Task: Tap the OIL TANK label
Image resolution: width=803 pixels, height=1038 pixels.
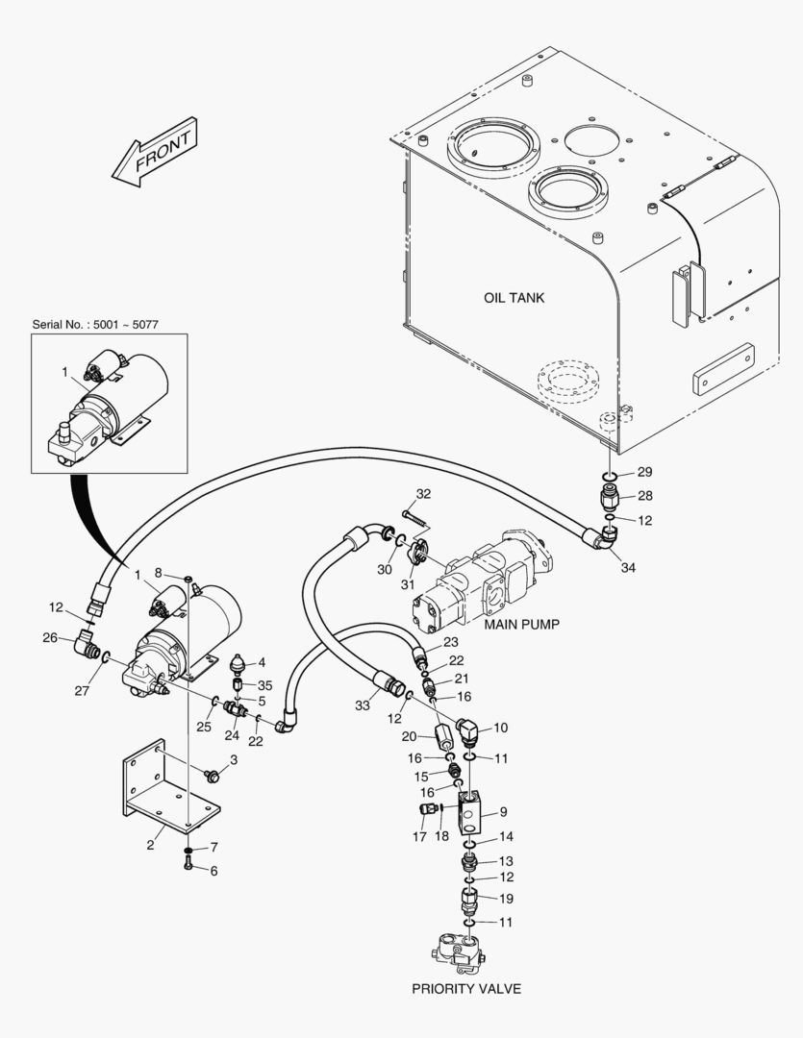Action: click(x=514, y=298)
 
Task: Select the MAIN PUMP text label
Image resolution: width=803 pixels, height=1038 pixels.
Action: click(x=522, y=624)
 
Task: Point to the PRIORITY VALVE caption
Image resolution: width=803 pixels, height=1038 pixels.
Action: click(x=466, y=989)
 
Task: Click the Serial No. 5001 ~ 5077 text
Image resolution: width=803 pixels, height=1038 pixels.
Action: click(x=94, y=325)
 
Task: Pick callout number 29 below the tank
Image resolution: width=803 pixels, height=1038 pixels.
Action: click(x=643, y=472)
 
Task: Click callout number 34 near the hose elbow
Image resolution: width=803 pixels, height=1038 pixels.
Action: click(x=628, y=568)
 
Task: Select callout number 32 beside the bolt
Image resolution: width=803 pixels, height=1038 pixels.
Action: click(x=423, y=494)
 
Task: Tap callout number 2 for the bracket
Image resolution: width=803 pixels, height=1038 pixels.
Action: click(x=150, y=846)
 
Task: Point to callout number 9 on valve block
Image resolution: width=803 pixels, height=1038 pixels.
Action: click(x=503, y=812)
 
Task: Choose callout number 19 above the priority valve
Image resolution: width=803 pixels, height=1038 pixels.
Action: click(x=506, y=899)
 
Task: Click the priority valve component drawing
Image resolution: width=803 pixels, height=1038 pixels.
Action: click(x=460, y=952)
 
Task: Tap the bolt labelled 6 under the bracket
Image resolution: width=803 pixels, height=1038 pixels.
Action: click(x=189, y=867)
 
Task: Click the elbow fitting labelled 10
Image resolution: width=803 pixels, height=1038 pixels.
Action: click(x=468, y=733)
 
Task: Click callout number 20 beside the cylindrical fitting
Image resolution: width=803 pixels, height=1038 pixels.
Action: click(x=408, y=736)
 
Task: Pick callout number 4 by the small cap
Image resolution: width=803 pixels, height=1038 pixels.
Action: click(x=261, y=661)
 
